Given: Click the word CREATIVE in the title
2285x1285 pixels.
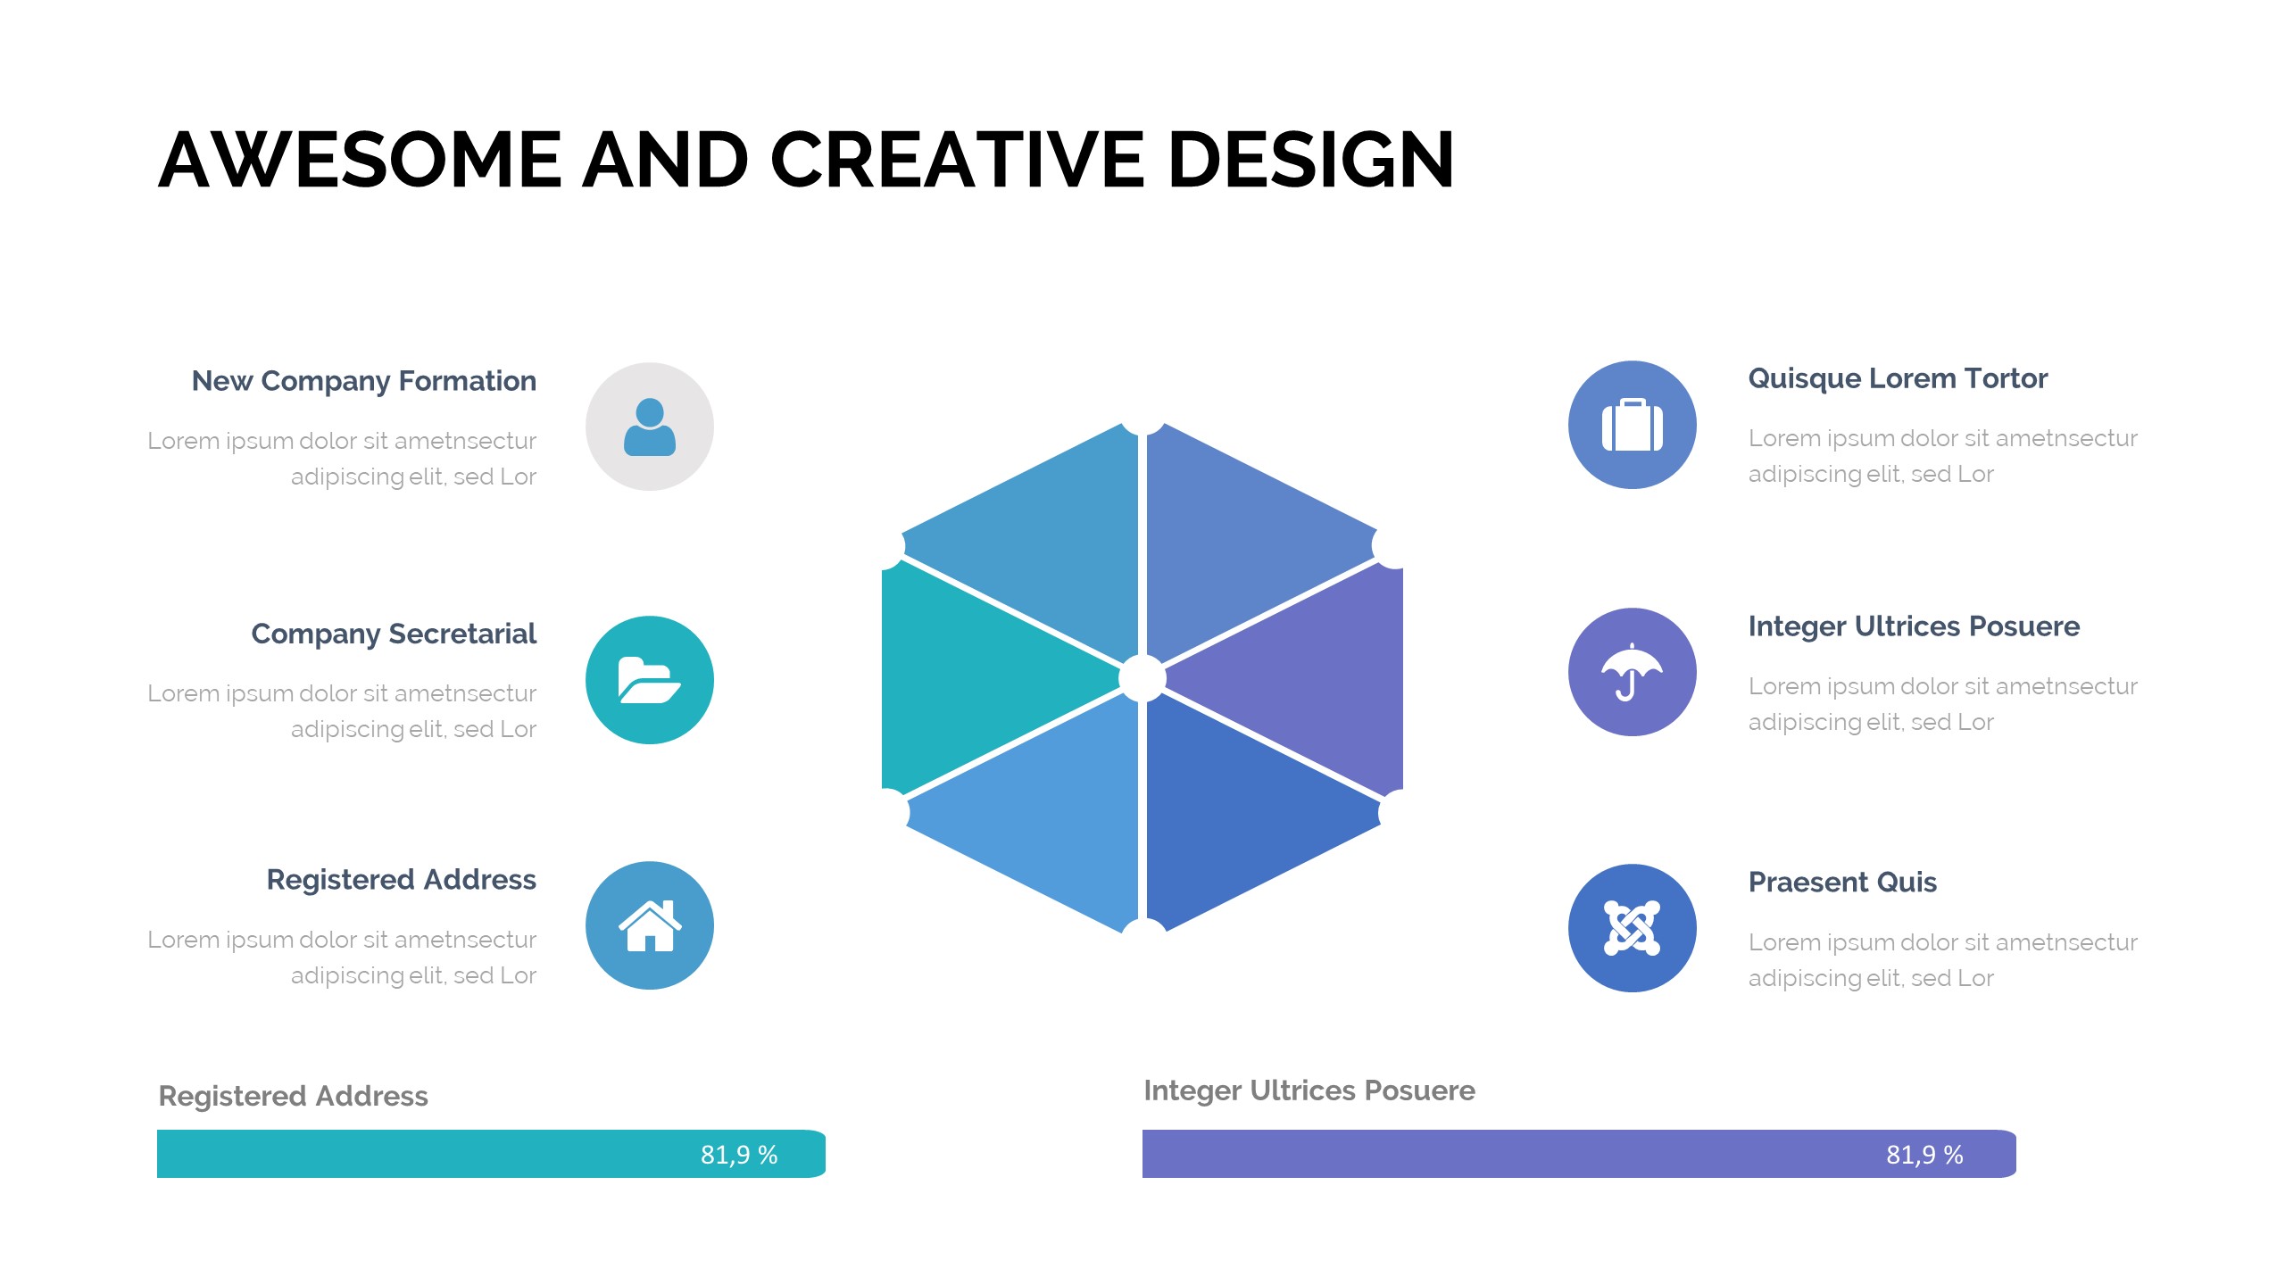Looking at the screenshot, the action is (957, 160).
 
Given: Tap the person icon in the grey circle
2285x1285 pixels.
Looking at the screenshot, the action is (650, 427).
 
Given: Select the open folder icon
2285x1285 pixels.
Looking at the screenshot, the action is (650, 680).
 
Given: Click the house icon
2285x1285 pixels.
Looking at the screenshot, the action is (650, 925).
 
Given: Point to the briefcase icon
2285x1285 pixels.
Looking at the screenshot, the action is (1633, 425).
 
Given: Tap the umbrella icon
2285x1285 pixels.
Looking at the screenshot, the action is (1633, 672).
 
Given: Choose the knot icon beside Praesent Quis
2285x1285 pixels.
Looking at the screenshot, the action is (1633, 928).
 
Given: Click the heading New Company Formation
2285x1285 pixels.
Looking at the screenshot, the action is (364, 381).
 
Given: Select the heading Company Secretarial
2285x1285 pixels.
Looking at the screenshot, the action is (394, 634).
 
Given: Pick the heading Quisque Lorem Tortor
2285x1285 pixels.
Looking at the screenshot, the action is (1898, 378).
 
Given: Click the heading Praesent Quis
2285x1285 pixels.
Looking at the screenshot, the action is (1842, 882).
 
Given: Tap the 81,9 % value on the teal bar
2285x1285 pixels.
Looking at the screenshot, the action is (739, 1155).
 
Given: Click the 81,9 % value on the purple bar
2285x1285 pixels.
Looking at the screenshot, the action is (1924, 1155).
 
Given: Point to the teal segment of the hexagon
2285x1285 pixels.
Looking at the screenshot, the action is (973, 678).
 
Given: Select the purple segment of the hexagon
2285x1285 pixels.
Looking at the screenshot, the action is (1312, 678).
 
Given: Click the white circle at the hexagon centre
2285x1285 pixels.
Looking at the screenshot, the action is (1142, 678).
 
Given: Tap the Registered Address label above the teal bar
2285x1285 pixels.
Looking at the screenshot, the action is (293, 1096).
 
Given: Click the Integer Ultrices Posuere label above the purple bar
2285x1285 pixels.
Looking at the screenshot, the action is (1309, 1090).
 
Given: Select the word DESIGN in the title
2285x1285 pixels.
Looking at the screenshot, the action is (1311, 160).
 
